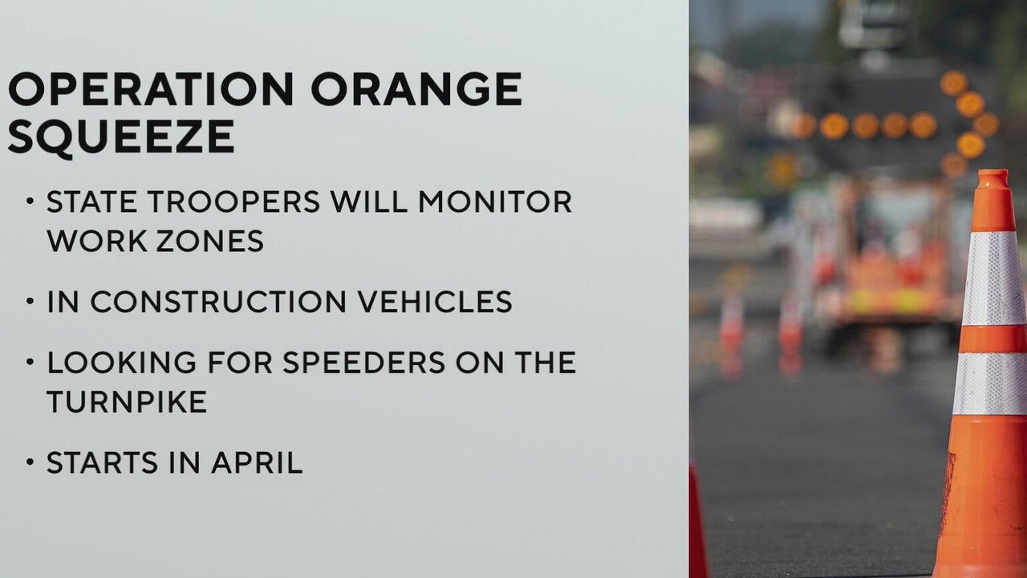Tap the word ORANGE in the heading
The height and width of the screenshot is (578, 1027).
416,88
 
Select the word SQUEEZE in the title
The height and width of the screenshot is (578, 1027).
121,136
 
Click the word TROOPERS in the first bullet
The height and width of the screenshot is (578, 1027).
233,201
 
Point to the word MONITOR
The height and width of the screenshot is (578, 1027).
495,201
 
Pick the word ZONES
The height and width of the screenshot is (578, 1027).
210,241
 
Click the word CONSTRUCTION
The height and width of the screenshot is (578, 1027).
218,302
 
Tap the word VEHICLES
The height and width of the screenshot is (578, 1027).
435,302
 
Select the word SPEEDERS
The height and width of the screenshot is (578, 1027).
363,362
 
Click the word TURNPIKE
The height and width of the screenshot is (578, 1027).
127,402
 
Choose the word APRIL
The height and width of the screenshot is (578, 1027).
257,463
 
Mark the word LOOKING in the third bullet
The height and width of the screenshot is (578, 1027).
121,362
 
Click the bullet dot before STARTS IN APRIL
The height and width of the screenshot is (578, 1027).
30,462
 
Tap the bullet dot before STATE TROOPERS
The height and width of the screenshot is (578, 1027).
30,201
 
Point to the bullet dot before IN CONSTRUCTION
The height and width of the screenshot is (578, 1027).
30,301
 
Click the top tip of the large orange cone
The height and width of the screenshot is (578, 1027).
993,171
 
